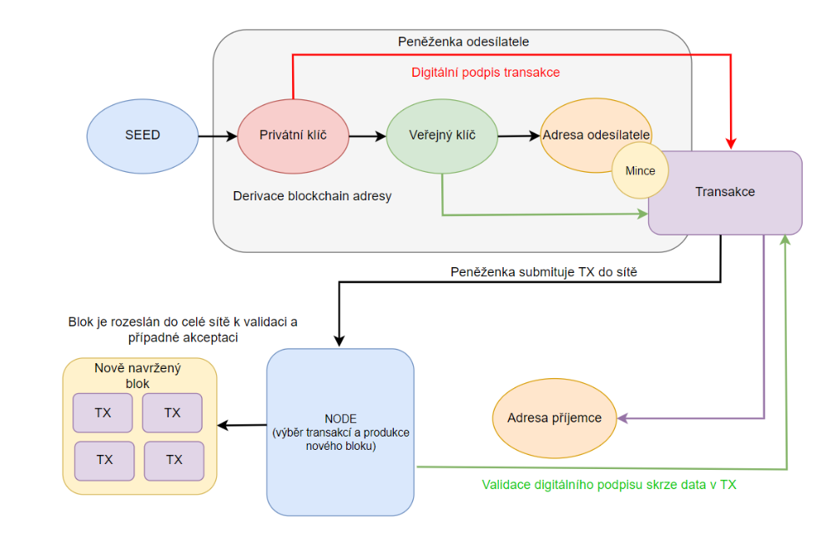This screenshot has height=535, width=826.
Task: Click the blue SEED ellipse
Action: tap(142, 135)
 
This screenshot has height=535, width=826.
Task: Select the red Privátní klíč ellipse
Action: tap(293, 135)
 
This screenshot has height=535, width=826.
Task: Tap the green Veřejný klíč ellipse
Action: tap(442, 135)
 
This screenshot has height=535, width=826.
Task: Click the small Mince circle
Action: tap(640, 171)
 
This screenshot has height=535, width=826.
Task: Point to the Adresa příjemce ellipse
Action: tap(553, 417)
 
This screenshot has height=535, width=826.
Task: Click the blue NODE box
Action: tap(340, 432)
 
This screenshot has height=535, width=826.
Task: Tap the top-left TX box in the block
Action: tap(103, 413)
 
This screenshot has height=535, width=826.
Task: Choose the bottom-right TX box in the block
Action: tap(174, 460)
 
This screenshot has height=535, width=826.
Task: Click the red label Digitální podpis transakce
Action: tap(485, 73)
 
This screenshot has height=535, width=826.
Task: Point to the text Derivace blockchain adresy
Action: tap(313, 197)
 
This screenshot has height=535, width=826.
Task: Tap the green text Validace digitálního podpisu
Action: tap(608, 484)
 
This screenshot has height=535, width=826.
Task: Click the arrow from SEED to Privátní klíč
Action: tap(217, 135)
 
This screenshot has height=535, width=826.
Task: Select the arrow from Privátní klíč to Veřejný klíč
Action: tap(367, 135)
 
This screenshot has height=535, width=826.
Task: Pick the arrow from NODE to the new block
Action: tap(242, 426)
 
